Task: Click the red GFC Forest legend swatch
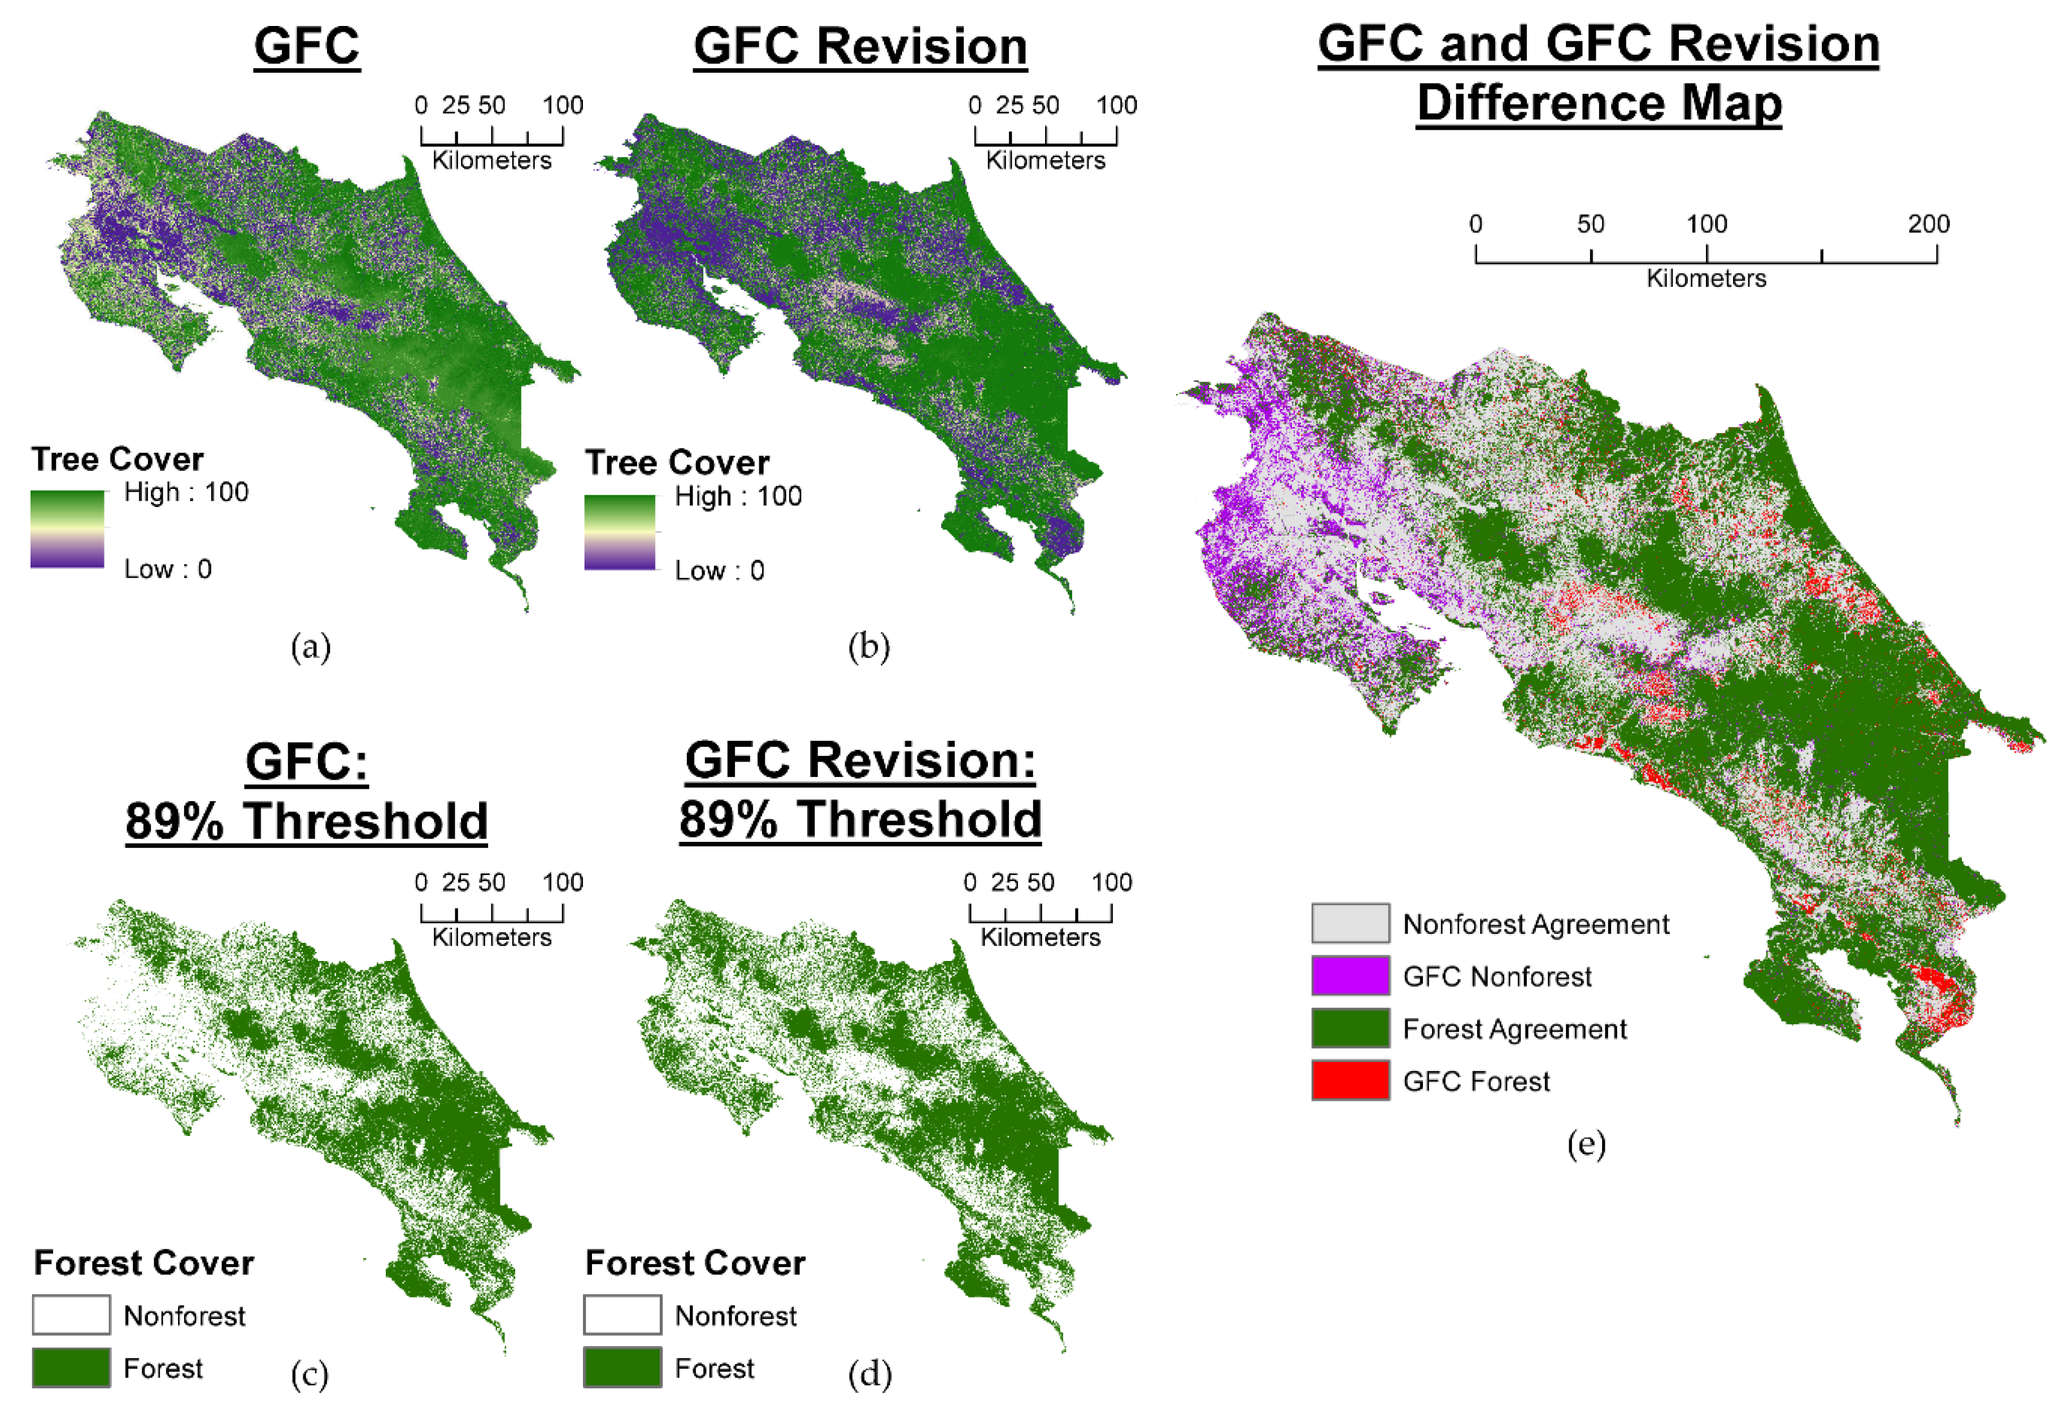[1350, 1080]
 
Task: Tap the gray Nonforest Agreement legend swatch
[1350, 923]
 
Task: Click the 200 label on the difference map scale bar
[1928, 224]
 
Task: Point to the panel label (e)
[1586, 1144]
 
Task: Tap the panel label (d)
[869, 1375]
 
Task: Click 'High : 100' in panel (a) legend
[186, 492]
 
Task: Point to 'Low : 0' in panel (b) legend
[719, 570]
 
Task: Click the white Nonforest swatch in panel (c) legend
[71, 1315]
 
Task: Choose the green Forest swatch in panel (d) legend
[623, 1367]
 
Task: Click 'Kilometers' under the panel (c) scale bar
[491, 937]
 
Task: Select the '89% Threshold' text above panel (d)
[860, 819]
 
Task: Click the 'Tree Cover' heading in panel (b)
[677, 462]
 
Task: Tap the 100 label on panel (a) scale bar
[563, 105]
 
